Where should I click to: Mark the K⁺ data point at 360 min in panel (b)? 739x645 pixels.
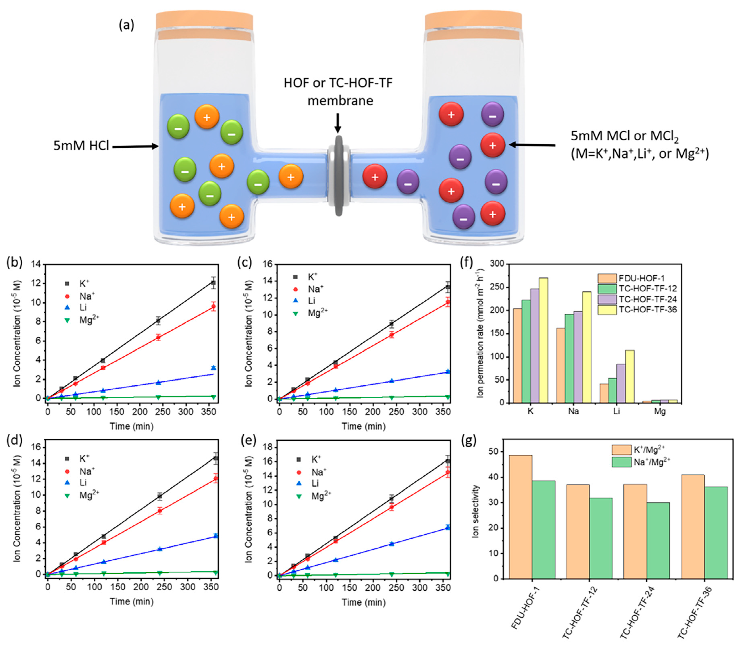point(213,283)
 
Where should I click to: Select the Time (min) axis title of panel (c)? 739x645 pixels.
point(363,426)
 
